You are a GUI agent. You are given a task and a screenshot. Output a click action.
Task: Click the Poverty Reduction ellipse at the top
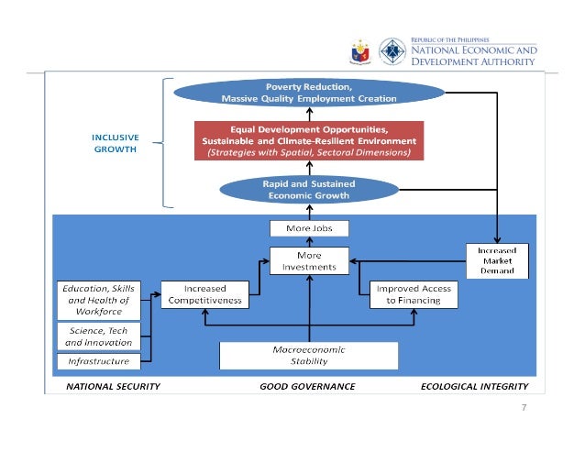(x=308, y=93)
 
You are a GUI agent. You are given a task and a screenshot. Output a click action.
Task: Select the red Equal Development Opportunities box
(x=308, y=141)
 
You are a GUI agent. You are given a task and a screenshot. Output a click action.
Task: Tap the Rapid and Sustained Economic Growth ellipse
(x=308, y=190)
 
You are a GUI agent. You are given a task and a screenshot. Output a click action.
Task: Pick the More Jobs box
(x=309, y=227)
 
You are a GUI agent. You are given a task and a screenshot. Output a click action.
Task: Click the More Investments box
(x=309, y=259)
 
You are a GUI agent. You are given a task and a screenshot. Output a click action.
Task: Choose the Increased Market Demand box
(x=496, y=259)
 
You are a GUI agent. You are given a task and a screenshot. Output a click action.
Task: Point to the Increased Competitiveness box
(x=207, y=293)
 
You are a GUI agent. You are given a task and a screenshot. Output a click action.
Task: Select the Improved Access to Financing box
(x=414, y=293)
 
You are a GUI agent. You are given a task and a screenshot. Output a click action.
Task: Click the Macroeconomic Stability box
(x=309, y=356)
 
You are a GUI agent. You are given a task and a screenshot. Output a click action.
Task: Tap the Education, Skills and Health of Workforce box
(x=94, y=299)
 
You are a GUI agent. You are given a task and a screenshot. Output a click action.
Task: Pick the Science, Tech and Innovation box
(x=94, y=336)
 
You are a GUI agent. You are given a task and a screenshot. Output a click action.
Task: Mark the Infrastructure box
(x=94, y=361)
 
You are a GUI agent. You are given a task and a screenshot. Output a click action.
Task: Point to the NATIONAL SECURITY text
(x=113, y=386)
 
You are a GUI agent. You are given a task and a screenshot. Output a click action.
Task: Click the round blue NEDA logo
(x=393, y=51)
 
